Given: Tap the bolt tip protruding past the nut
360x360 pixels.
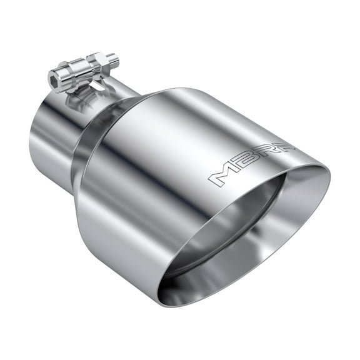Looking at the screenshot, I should tap(113, 59).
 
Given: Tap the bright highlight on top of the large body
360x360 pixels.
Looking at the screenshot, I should tap(187, 106).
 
